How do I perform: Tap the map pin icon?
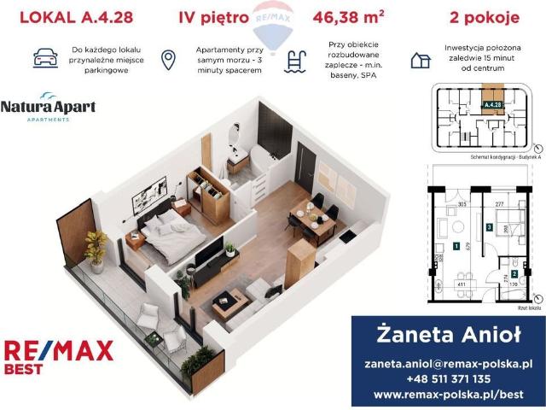(169, 59)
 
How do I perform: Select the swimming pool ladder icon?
(296, 60)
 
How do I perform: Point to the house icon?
(420, 60)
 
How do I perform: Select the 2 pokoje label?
(478, 16)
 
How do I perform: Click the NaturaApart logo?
(48, 108)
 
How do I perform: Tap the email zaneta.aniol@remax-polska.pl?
(448, 363)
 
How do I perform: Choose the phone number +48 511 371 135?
(448, 379)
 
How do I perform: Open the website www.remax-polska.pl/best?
(448, 395)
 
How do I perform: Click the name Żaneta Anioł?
(448, 333)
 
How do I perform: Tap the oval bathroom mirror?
(235, 134)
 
